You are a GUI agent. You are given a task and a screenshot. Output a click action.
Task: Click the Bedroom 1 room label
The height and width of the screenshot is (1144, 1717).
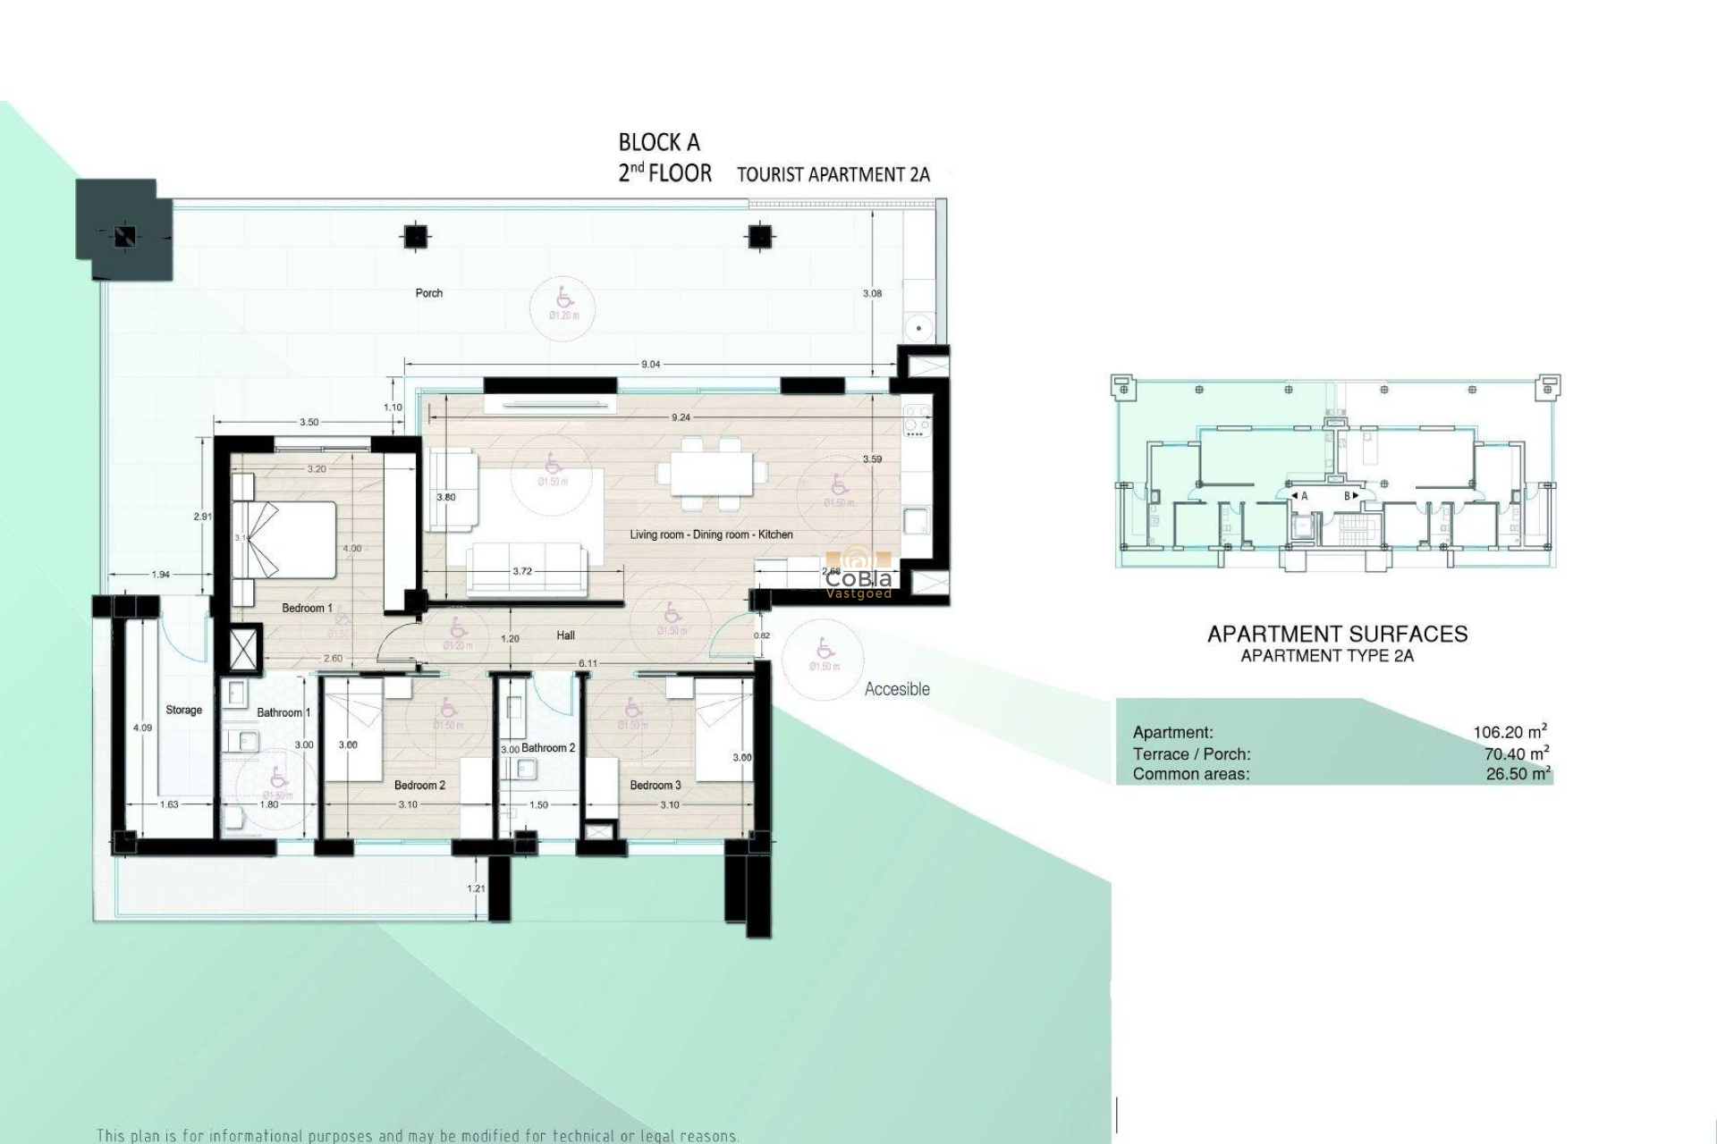307,609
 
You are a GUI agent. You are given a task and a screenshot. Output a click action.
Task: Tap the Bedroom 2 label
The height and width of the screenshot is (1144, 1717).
419,786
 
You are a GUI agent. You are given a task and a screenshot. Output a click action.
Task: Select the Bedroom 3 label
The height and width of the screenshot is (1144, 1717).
656,786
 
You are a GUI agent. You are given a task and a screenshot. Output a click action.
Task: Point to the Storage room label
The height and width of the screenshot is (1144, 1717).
183,711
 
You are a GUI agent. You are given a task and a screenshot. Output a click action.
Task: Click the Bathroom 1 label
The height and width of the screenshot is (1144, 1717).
283,713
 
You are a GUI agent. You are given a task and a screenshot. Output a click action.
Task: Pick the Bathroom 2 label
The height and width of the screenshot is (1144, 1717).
548,748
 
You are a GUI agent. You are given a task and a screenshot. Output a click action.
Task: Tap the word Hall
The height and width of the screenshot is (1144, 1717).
565,635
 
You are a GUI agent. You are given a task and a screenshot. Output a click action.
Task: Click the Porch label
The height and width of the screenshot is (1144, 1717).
429,293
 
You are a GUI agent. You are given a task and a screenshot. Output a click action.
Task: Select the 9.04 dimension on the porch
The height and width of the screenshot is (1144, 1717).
651,365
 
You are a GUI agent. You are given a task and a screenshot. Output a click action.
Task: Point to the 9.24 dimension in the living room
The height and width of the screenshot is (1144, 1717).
680,417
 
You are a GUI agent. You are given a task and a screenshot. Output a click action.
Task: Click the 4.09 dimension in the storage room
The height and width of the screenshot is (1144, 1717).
142,728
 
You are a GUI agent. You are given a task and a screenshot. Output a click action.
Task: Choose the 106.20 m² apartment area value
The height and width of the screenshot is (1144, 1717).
1510,732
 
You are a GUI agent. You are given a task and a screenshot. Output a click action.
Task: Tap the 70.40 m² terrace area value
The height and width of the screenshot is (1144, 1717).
1516,753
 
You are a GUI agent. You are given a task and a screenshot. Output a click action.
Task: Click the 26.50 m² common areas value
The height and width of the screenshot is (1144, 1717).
1518,774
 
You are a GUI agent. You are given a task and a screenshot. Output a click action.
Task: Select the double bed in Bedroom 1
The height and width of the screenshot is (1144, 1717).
284,541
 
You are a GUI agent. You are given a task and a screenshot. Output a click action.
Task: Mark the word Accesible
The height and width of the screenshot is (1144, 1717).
897,689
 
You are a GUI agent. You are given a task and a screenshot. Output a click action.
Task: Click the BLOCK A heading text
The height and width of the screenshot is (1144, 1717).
659,142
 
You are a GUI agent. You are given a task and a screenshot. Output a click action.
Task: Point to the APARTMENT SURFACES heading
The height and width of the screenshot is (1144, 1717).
1337,635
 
